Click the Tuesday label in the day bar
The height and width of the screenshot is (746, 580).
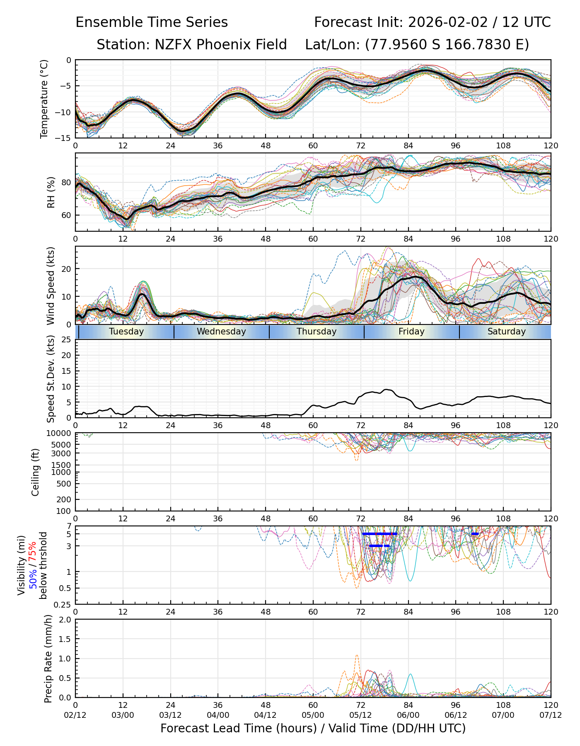(126, 332)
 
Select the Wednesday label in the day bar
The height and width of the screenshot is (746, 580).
(221, 332)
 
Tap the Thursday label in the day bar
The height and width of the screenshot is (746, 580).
(317, 332)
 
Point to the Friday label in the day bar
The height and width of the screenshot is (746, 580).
(411, 332)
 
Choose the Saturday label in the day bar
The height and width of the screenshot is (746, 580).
(506, 332)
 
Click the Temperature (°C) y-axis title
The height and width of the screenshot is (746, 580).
(44, 99)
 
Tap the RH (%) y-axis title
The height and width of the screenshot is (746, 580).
(51, 192)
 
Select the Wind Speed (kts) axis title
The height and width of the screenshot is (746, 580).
(51, 286)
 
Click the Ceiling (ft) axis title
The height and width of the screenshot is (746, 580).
(36, 472)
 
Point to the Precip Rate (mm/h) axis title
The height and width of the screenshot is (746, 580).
(48, 659)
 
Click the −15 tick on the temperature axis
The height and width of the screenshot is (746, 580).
(66, 138)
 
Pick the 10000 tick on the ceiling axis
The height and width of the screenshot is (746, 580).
(60, 434)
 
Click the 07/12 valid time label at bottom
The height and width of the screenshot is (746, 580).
(551, 715)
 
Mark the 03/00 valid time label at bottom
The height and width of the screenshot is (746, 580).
(123, 715)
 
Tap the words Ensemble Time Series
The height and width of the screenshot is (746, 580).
(152, 22)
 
